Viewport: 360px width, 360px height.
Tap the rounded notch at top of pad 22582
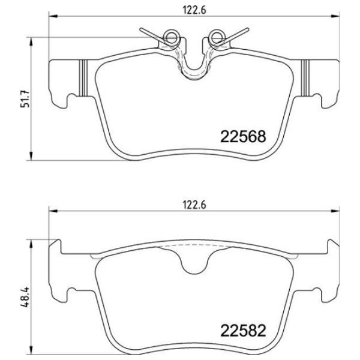tap(194, 264)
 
